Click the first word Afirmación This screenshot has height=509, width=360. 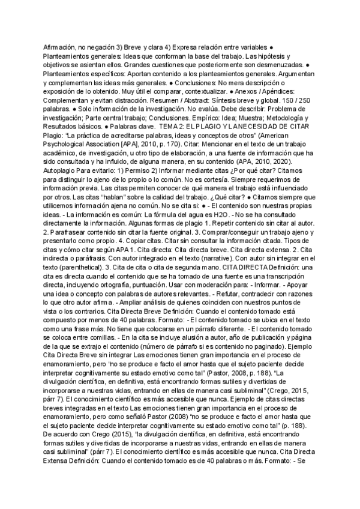pos(61,46)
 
